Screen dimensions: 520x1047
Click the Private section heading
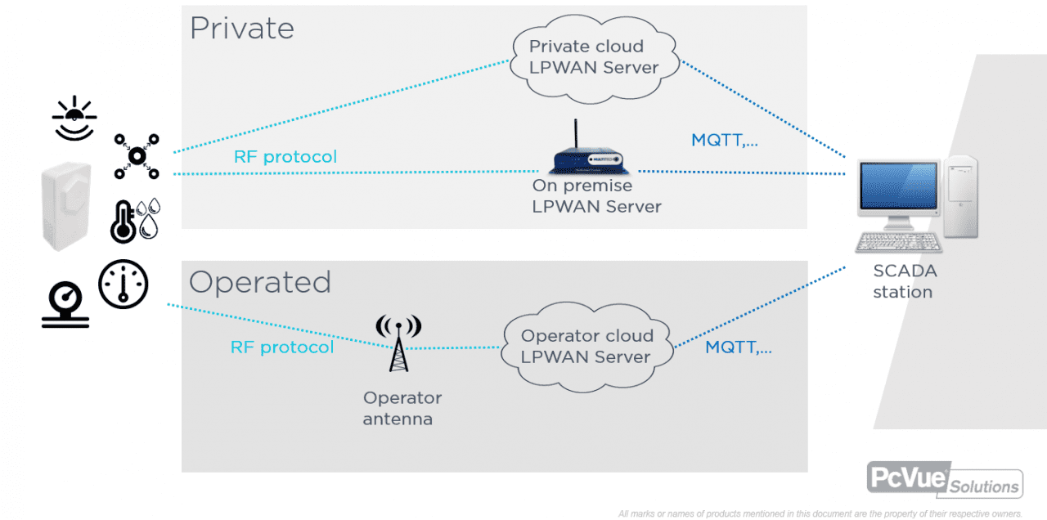pyautogui.click(x=241, y=29)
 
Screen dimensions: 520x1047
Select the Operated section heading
pyautogui.click(x=260, y=282)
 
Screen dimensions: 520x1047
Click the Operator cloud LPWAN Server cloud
pyautogui.click(x=586, y=346)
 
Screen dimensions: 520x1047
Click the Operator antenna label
pyautogui.click(x=402, y=408)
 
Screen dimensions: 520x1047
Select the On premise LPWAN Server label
pyautogui.click(x=596, y=196)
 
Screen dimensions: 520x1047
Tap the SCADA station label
pyautogui.click(x=904, y=281)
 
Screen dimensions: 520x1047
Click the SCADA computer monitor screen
pyautogui.click(x=896, y=190)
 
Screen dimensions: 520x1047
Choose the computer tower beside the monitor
pyautogui.click(x=960, y=196)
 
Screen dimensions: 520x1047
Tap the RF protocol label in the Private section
pyautogui.click(x=285, y=156)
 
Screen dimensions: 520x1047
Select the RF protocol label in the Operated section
pyautogui.click(x=282, y=347)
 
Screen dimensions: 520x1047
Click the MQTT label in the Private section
pyautogui.click(x=724, y=140)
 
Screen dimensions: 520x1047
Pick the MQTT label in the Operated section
pyautogui.click(x=739, y=347)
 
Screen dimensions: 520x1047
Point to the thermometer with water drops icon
pyautogui.click(x=135, y=220)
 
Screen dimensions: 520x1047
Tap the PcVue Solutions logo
pyautogui.click(x=945, y=479)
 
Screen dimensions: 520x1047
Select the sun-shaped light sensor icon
pyautogui.click(x=74, y=119)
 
